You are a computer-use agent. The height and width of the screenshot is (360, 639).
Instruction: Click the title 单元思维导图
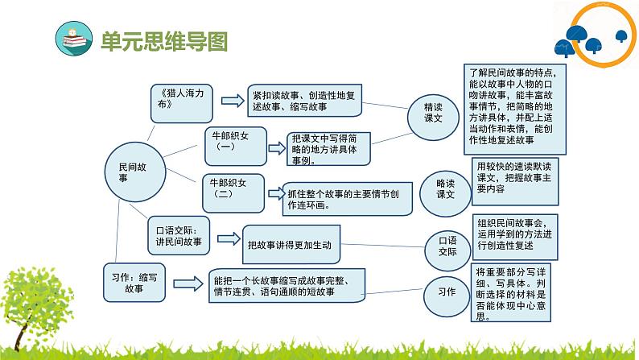[x=164, y=41]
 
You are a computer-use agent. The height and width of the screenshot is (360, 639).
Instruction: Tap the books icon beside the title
[x=74, y=39]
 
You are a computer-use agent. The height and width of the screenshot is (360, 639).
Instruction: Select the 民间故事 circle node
[x=135, y=172]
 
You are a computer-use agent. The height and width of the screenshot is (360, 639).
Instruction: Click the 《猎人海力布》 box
[x=181, y=104]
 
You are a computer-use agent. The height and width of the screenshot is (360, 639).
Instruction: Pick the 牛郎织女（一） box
[x=236, y=147]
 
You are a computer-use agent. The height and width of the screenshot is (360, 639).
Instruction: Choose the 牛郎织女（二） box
[x=233, y=193]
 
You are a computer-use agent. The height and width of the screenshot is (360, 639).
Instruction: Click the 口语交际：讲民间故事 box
[x=179, y=236]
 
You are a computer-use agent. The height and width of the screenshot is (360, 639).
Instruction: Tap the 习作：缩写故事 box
[x=134, y=283]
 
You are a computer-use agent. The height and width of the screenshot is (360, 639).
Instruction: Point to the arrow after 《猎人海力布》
[x=233, y=101]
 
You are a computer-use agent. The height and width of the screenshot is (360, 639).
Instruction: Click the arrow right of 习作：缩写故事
[x=188, y=283]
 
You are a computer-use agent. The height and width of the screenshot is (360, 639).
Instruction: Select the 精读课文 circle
[x=433, y=118]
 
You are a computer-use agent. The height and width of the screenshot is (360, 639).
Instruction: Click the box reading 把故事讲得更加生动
[x=291, y=245]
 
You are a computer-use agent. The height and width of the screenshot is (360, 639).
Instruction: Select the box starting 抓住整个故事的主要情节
[x=347, y=199]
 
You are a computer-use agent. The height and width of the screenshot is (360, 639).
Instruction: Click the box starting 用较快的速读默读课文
[x=515, y=182]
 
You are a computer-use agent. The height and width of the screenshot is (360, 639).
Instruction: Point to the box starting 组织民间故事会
[x=515, y=238]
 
